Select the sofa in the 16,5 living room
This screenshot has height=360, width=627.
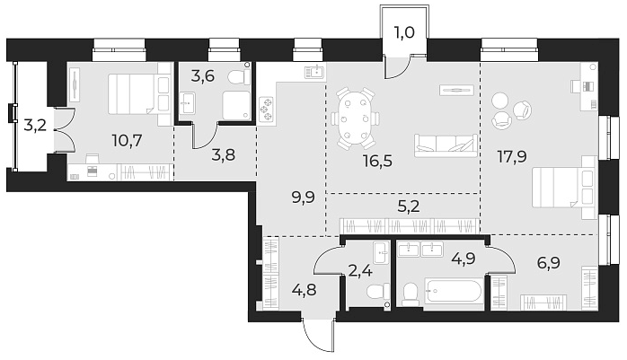(445, 144)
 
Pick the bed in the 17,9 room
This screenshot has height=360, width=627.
(562, 190)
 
